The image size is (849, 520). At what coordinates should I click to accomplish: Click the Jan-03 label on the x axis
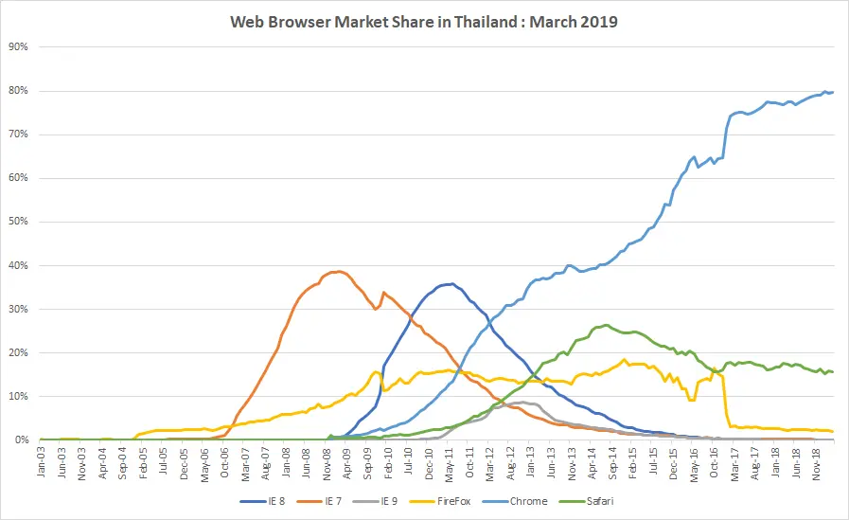coord(42,464)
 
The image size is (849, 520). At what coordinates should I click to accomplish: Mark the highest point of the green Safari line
coord(606,325)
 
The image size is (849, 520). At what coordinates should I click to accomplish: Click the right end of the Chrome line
coord(833,92)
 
